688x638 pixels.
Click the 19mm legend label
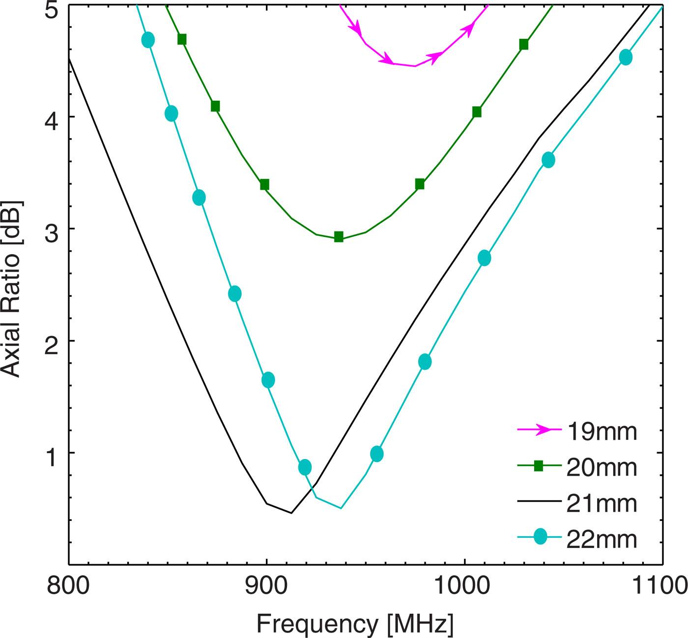(602, 432)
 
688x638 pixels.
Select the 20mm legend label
(602, 467)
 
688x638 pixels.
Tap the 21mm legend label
(602, 503)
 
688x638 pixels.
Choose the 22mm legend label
(602, 539)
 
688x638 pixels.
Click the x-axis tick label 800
(68, 586)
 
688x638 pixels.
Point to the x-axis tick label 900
(266, 586)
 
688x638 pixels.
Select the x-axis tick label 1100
(659, 586)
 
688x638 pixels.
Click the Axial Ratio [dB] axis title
(11, 289)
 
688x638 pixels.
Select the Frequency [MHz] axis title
(355, 624)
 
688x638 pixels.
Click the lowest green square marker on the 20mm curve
(339, 237)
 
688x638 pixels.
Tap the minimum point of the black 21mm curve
(291, 513)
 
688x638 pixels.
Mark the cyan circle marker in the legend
(540, 537)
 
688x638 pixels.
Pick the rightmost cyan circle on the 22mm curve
(626, 58)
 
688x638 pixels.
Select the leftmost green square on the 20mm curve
(182, 39)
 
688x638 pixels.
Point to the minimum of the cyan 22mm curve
(341, 508)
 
